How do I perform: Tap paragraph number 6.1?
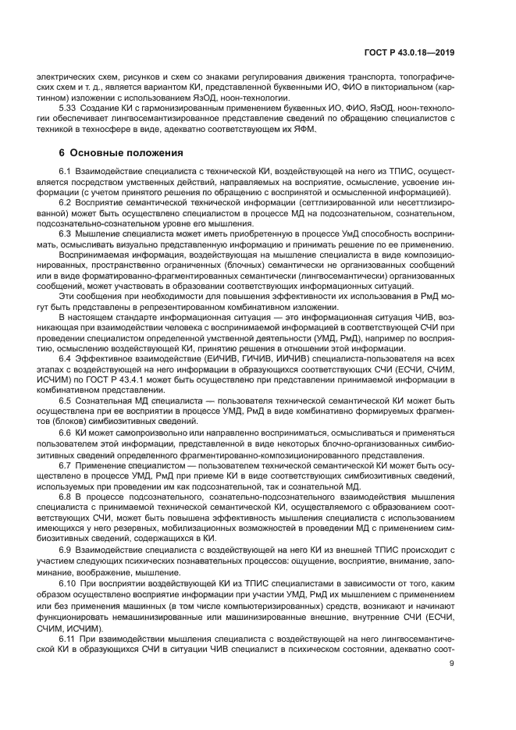[66, 170]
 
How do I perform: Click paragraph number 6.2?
[66, 203]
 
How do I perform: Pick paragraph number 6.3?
[66, 233]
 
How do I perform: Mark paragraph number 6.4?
[66, 358]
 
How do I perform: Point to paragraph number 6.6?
[66, 432]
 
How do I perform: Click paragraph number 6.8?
[66, 495]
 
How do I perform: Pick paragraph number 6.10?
[68, 583]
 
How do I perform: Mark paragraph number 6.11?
[68, 639]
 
